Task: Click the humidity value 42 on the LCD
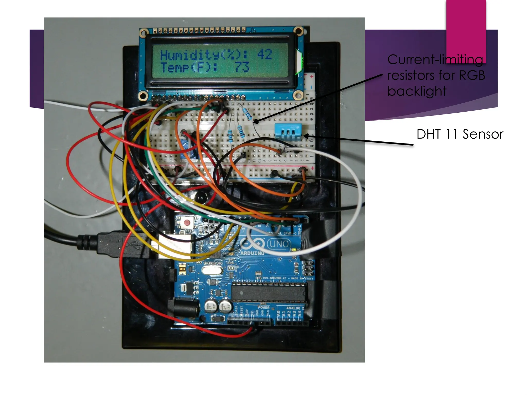coord(264,55)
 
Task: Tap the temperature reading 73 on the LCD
coord(242,67)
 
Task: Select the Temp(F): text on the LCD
coord(189,67)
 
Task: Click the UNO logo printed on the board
coord(279,243)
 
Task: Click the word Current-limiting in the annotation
coord(435,60)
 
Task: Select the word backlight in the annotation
coord(417,91)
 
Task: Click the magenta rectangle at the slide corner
coord(466,31)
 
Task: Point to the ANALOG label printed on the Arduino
coord(293,308)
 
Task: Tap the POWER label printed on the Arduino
coord(263,308)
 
